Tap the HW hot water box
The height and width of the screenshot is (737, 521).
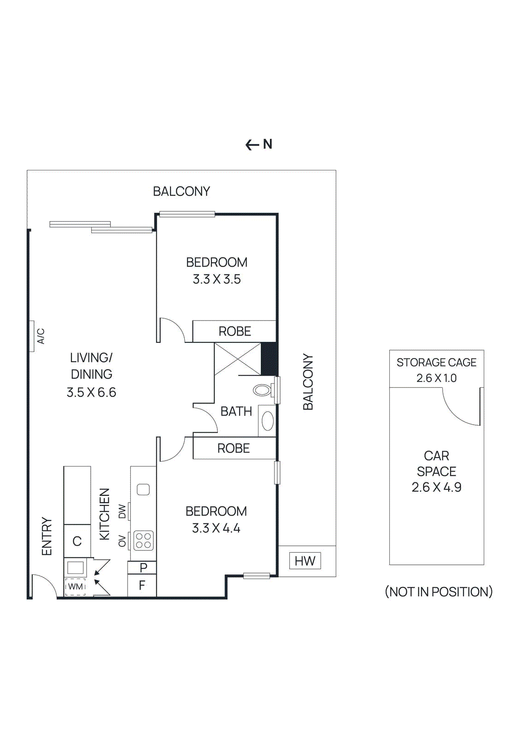tap(305, 561)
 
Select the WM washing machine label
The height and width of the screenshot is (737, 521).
tap(75, 586)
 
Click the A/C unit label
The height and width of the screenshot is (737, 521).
tap(41, 336)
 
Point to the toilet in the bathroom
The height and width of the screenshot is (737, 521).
tap(263, 390)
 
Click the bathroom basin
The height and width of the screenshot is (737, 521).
tap(267, 421)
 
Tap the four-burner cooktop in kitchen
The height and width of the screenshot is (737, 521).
tap(143, 541)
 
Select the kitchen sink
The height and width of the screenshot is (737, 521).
tap(143, 489)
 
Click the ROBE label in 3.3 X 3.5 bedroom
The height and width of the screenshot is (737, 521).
tap(234, 331)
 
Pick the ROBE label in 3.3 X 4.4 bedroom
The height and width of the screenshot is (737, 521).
tap(234, 448)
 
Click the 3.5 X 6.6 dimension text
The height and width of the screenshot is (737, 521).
tap(91, 392)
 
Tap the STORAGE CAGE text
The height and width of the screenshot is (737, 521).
tap(436, 363)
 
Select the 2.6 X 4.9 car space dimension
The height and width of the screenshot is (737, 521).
tap(436, 487)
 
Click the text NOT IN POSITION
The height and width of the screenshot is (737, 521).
tap(439, 591)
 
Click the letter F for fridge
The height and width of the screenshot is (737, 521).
tap(142, 585)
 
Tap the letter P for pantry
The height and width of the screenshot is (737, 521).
tap(143, 567)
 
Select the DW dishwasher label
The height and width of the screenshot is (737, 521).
tap(122, 511)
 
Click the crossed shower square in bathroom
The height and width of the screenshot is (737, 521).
tap(238, 359)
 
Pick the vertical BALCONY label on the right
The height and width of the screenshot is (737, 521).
tap(308, 382)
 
